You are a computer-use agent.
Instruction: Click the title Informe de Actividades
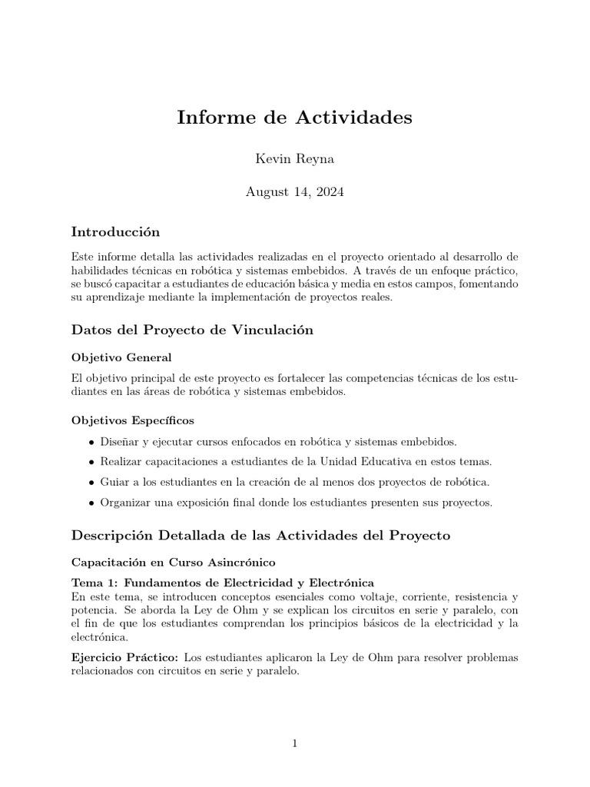pyautogui.click(x=294, y=118)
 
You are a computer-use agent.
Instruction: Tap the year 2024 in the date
pyautogui.click(x=329, y=192)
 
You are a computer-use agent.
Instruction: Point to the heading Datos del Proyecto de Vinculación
pyautogui.click(x=192, y=330)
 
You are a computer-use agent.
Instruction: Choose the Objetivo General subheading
pyautogui.click(x=121, y=358)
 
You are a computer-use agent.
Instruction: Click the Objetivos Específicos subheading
pyautogui.click(x=132, y=420)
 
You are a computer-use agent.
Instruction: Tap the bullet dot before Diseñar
pyautogui.click(x=92, y=443)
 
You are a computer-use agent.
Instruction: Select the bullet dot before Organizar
pyautogui.click(x=92, y=503)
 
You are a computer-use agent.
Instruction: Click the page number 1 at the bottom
pyautogui.click(x=294, y=744)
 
